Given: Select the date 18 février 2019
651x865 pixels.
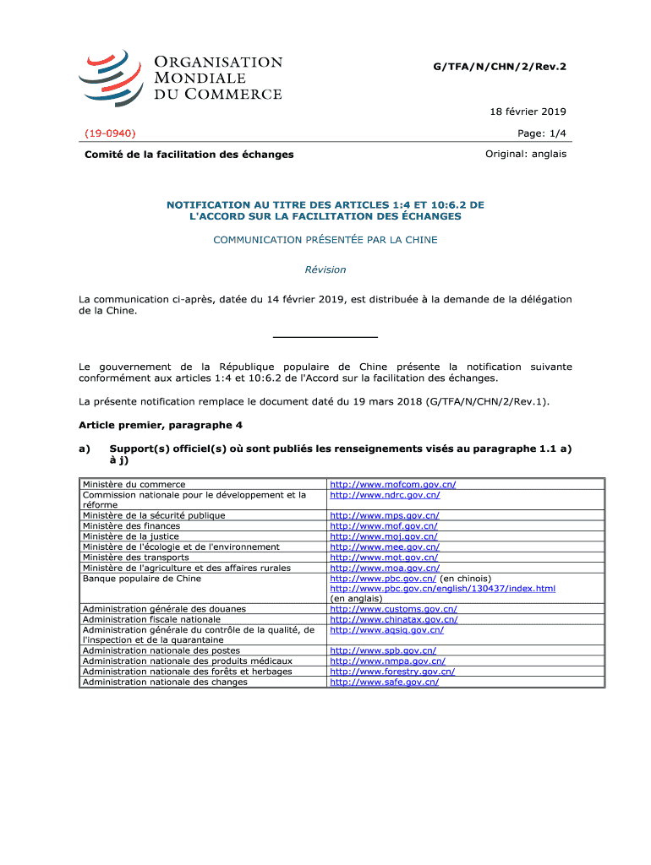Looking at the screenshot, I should click(528, 112).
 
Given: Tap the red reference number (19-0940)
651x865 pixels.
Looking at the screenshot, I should click(110, 133).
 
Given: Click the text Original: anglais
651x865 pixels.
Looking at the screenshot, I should click(526, 154).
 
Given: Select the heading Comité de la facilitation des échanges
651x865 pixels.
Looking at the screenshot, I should click(188, 155).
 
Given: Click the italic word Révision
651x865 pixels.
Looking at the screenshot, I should click(325, 269).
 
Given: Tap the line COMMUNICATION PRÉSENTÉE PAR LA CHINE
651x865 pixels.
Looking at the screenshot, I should click(325, 240).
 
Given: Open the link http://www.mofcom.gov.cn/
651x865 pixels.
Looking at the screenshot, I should click(393, 485).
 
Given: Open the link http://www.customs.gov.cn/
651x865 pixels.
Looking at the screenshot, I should click(393, 609).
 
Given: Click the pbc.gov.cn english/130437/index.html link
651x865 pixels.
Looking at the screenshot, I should click(442, 589).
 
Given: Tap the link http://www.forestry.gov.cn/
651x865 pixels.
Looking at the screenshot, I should click(392, 672).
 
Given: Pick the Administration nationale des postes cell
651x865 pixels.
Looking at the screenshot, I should click(161, 650).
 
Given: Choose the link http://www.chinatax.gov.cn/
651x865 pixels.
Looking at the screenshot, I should click(394, 619).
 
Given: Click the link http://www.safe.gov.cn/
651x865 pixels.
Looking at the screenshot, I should click(384, 682).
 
